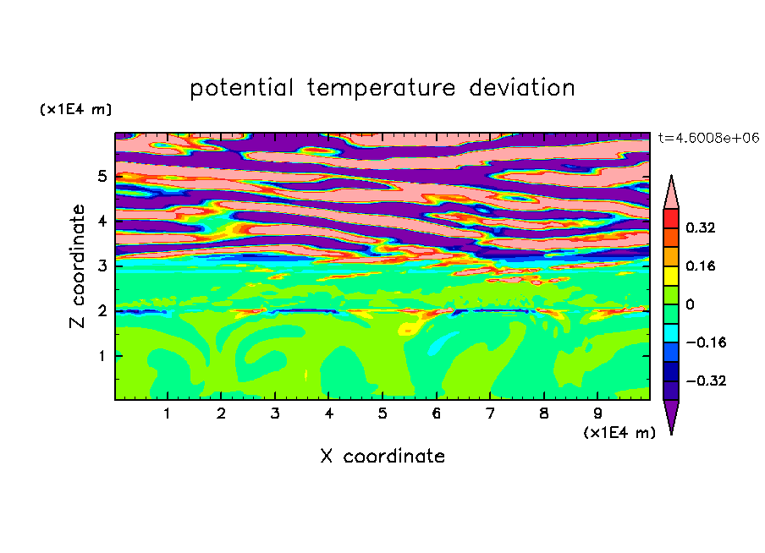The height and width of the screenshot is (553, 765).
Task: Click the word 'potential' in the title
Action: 242,88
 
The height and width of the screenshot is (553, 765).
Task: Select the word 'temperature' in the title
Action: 382,88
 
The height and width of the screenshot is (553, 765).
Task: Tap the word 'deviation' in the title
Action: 522,88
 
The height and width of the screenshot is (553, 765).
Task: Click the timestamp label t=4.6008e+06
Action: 708,138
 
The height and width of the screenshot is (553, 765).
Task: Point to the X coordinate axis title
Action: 383,456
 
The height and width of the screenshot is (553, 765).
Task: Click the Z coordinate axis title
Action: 77,266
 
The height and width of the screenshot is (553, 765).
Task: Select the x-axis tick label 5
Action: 382,413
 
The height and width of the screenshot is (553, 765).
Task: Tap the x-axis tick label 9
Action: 597,413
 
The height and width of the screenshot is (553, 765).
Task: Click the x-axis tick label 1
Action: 168,413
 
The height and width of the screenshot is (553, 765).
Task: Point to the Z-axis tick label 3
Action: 102,266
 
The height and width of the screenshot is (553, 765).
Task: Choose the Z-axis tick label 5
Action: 102,176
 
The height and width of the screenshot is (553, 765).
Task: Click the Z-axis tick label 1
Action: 102,355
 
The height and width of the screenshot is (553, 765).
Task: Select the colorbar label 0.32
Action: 701,227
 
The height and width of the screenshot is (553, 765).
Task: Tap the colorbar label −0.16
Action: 706,342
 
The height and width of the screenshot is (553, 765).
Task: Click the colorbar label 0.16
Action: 701,266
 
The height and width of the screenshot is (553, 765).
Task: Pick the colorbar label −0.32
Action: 706,381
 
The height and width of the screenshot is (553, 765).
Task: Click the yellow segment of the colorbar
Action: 671,276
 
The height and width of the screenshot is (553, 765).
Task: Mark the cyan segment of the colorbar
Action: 671,332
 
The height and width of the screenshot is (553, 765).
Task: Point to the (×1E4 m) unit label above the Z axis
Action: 75,109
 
